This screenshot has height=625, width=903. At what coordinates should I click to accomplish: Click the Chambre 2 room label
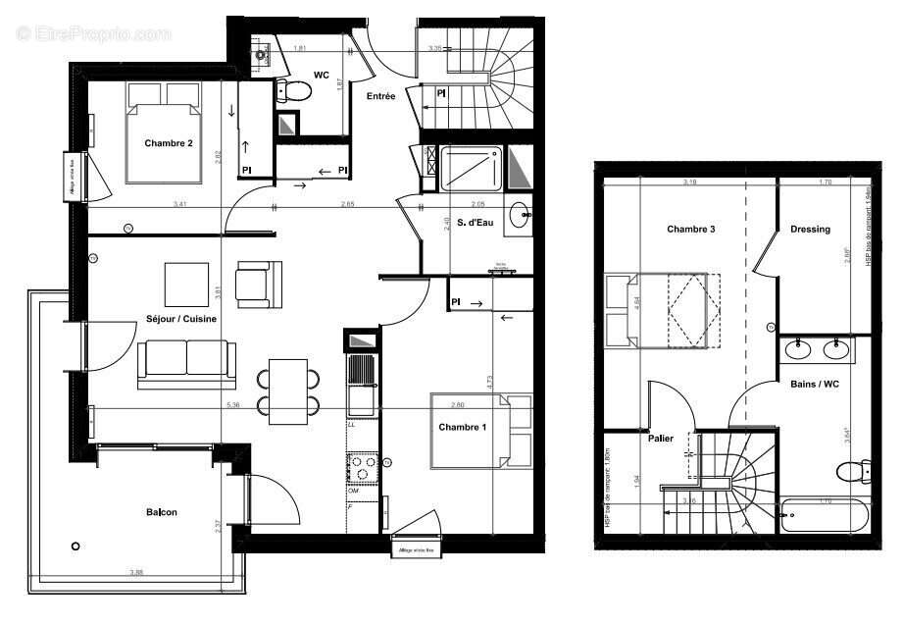[169, 144]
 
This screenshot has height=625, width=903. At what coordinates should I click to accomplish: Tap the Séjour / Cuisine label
[181, 320]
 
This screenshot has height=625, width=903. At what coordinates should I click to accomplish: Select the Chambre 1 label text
[462, 427]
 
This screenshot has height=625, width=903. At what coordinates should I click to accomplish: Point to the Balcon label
[162, 512]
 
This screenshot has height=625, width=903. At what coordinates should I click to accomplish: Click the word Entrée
[380, 96]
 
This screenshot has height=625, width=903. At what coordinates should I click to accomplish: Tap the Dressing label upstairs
[810, 230]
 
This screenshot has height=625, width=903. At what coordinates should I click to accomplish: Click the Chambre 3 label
[690, 230]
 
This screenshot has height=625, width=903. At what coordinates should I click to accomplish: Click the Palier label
[660, 439]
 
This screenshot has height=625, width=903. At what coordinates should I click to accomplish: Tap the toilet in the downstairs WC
[293, 91]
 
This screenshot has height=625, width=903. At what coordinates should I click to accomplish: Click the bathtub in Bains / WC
[825, 514]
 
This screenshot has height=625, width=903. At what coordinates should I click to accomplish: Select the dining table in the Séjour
[288, 391]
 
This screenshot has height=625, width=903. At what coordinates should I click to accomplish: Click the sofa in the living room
[186, 362]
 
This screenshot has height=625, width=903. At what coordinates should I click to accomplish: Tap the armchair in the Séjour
[259, 283]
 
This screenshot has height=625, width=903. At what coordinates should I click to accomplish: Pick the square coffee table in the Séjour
[186, 285]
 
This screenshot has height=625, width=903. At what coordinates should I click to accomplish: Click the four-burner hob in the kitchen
[364, 468]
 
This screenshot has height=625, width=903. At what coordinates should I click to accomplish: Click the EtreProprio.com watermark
[93, 33]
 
